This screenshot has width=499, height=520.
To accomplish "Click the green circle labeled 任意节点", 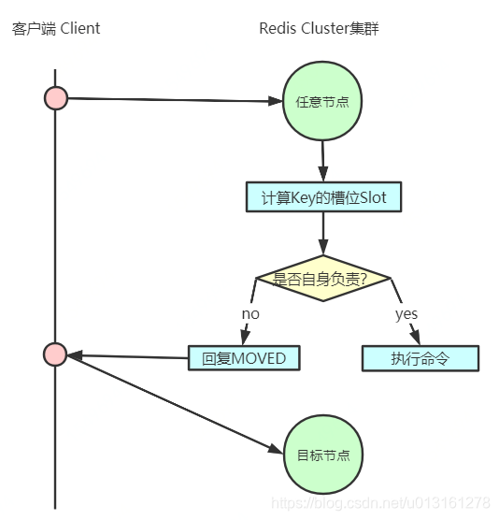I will (322, 101).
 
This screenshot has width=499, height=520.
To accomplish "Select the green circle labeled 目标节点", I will (322, 455).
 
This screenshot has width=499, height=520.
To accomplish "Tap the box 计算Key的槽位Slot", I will (323, 197).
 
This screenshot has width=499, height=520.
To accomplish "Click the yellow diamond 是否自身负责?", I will (322, 278).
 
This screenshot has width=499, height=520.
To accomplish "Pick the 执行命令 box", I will (420, 357).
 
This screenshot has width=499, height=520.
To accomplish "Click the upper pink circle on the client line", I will (56, 97).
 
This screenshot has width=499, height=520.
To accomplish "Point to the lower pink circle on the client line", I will (55, 354).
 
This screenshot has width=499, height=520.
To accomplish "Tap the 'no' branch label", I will (250, 314).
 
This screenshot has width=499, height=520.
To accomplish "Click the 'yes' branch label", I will (406, 314).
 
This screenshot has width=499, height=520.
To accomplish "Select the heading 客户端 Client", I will (56, 28).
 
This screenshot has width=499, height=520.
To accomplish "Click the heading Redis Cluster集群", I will (319, 28).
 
